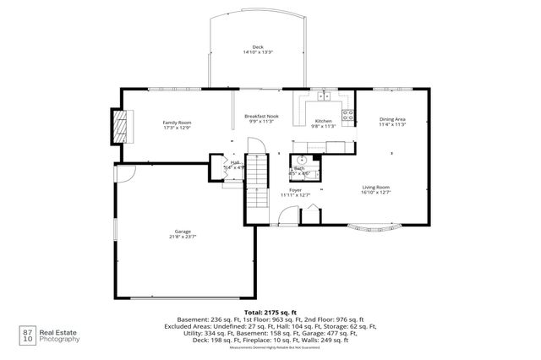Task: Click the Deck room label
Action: click(x=257, y=46)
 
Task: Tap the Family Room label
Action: click(x=178, y=123)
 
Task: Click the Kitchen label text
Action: click(x=324, y=121)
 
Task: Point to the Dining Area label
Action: click(x=393, y=120)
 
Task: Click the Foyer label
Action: click(x=295, y=190)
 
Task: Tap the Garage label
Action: click(x=183, y=232)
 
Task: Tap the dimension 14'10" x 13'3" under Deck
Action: click(x=257, y=52)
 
